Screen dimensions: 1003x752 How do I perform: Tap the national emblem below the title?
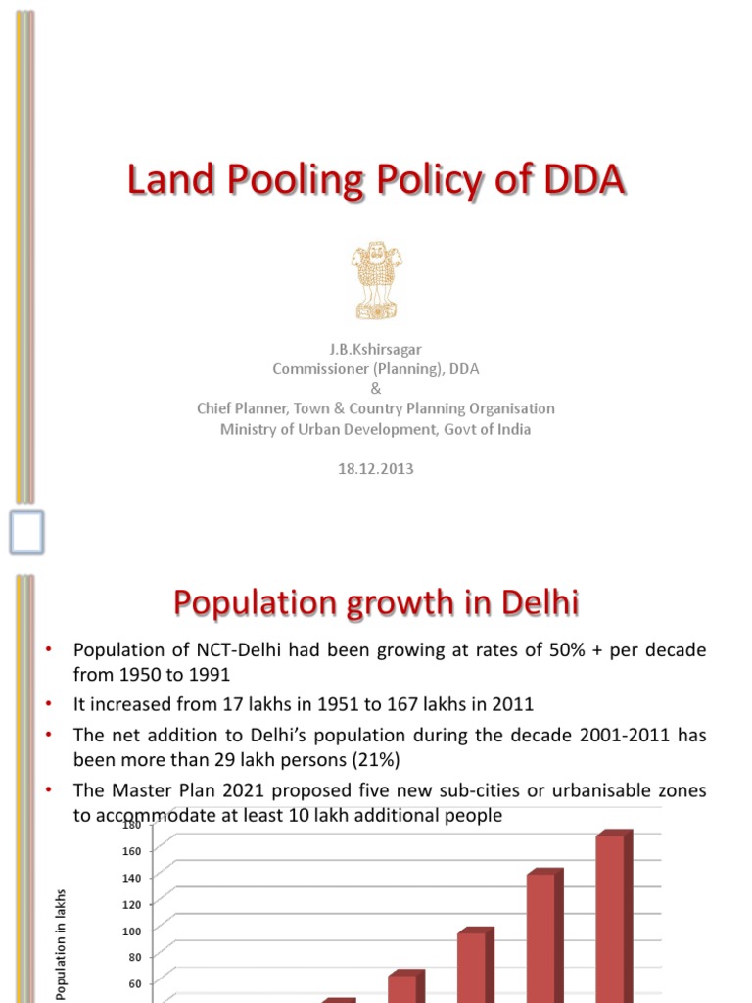(x=376, y=281)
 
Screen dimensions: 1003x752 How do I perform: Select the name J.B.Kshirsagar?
(x=376, y=349)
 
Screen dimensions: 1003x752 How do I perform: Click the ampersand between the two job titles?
(x=376, y=389)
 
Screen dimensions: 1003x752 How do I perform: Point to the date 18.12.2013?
(x=376, y=469)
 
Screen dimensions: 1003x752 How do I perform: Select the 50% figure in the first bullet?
(x=530, y=651)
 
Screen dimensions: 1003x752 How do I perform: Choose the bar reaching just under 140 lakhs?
(x=541, y=935)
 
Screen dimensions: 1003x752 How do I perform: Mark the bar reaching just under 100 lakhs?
(x=472, y=965)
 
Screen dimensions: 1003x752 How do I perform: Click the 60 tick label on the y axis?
(x=134, y=983)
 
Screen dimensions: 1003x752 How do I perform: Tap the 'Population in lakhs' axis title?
(x=61, y=944)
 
